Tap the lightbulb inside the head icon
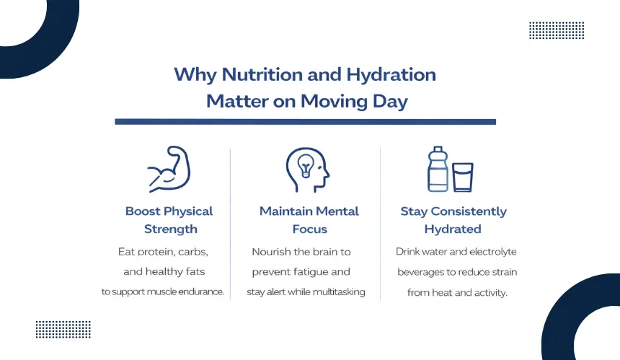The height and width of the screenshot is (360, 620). coord(306,165)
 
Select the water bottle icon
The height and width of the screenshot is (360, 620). coord(438,169)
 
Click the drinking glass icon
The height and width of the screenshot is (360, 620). coord(463,177)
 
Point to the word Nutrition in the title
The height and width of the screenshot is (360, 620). coord(262,75)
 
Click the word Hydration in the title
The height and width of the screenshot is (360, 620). coord(391,75)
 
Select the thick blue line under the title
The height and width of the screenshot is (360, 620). coord(305,122)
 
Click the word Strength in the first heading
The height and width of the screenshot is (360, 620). coord(170,229)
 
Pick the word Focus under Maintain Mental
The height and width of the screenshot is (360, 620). coord(309,229)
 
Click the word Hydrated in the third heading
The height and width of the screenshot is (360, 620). coord(453,229)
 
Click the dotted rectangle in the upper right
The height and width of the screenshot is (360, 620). coord(557,30)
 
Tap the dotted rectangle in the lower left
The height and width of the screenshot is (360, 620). coord(63,330)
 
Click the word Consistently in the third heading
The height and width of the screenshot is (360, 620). coord(469,211)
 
